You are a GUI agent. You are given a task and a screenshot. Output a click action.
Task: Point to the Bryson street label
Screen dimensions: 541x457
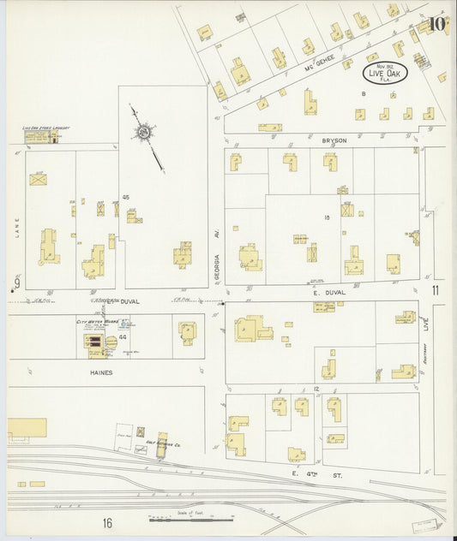tap(333, 140)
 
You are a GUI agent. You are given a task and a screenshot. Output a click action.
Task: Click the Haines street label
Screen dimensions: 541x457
tap(102, 373)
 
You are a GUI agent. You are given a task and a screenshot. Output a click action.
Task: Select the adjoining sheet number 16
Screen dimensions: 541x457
tap(108, 523)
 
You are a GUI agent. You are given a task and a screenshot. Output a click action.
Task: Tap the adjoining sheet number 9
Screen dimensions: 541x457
tap(15, 283)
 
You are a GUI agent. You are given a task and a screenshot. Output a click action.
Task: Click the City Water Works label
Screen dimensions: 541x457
tap(96, 322)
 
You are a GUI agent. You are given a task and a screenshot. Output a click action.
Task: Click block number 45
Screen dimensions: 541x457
tap(125, 197)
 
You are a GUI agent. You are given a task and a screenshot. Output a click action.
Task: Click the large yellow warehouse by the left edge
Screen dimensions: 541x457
tap(27, 427)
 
